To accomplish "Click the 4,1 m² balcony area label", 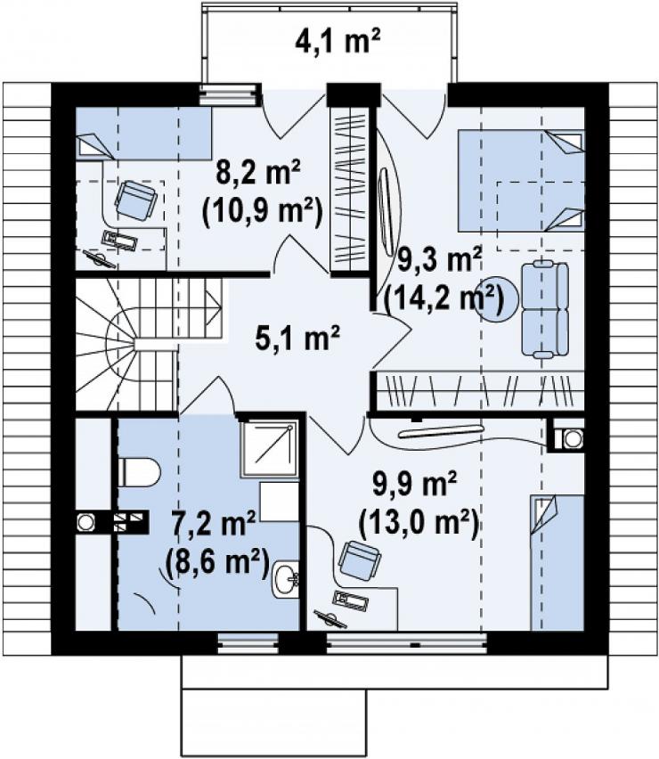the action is coord(338,41).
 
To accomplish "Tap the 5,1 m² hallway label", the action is coord(297,338).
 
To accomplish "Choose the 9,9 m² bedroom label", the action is coord(415,484).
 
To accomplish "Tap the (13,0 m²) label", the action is coord(419,523).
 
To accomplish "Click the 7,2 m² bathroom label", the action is coord(214,524).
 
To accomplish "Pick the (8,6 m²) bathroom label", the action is coord(217,562).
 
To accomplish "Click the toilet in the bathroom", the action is coord(139,472).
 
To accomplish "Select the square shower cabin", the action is coord(269,450).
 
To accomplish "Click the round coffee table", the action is coord(499,298).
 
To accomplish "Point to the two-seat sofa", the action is coord(545,309).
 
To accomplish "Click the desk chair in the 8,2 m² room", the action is coord(136,200).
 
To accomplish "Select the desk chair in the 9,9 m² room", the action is coord(360,560).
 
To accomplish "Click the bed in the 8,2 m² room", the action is coord(144,133).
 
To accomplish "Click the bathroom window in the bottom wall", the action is coord(248,642).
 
